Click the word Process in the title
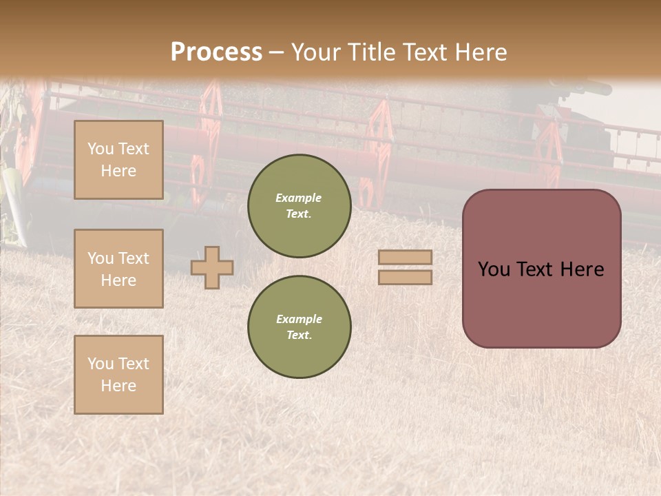[216, 52]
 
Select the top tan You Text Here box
[118, 160]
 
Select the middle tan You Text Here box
[118, 269]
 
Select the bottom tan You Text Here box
[118, 375]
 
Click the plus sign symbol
[212, 267]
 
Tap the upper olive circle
[299, 206]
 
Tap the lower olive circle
[299, 327]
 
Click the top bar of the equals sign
[405, 258]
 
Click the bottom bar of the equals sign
[405, 277]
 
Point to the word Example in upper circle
[299, 198]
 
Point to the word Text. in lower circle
[299, 335]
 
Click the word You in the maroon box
[494, 269]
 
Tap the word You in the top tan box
[101, 149]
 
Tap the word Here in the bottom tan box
[118, 386]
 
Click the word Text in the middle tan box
[134, 258]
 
